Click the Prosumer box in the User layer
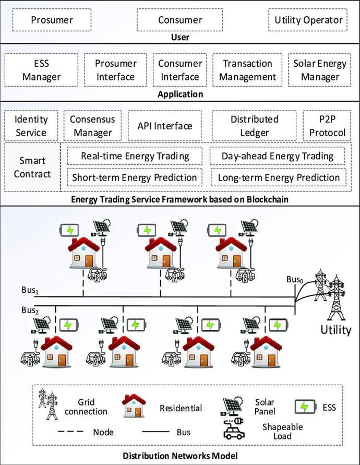click(52, 20)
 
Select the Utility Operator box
click(309, 20)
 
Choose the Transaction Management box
click(247, 70)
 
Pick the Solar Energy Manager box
click(320, 70)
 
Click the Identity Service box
click(31, 126)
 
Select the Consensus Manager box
click(92, 126)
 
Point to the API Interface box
click(165, 126)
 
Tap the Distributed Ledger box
click(254, 126)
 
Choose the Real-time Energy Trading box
click(135, 156)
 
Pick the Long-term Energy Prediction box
click(279, 177)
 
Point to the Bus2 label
click(30, 310)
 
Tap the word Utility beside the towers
click(335, 330)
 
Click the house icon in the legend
click(133, 407)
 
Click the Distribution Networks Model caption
click(181, 456)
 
